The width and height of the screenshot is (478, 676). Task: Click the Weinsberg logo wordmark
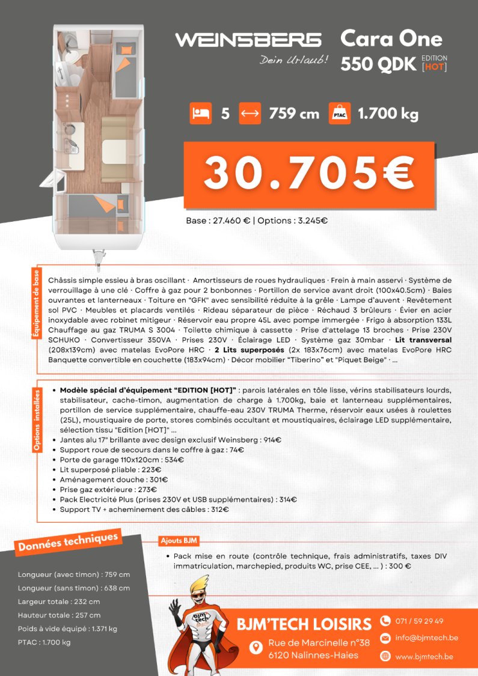248,40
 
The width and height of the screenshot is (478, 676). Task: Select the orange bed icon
200,113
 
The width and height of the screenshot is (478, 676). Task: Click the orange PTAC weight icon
339,113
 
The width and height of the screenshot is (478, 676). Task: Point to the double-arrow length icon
250,113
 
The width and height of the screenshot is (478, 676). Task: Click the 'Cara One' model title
391,38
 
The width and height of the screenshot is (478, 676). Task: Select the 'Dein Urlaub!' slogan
293,60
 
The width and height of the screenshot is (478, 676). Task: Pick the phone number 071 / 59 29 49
420,621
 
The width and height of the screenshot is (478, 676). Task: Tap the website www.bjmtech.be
424,656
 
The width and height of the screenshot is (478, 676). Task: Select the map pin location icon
256,647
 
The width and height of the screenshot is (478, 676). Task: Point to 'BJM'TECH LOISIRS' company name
304,624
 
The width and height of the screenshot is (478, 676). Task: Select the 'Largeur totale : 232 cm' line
59,601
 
